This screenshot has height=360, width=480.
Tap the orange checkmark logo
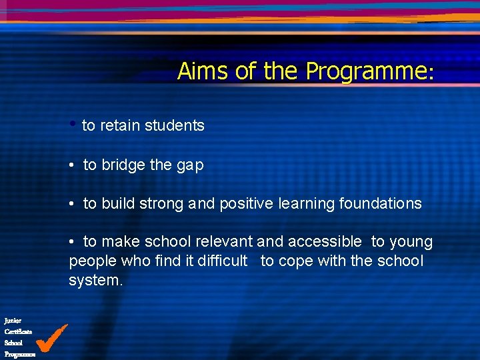tap(51, 338)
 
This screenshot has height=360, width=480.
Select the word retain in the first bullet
tap(121, 125)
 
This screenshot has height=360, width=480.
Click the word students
tap(175, 125)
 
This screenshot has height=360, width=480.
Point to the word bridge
tap(123, 165)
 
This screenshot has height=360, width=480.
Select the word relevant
tap(223, 242)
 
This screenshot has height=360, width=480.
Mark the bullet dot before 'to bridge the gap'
tap(72, 165)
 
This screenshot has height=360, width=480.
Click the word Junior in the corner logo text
tap(13, 321)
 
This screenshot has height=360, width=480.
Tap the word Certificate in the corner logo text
tap(18, 331)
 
